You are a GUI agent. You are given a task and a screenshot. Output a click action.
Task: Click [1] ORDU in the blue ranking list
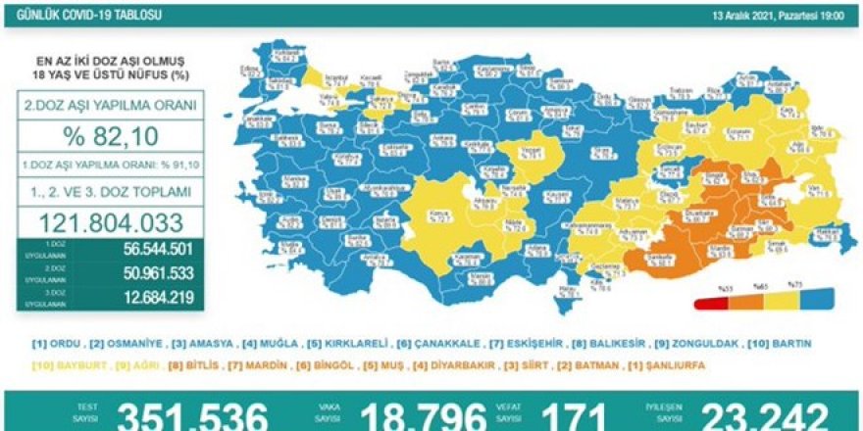coord(57,344)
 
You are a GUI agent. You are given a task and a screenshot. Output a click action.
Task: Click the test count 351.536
coord(192,415)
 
